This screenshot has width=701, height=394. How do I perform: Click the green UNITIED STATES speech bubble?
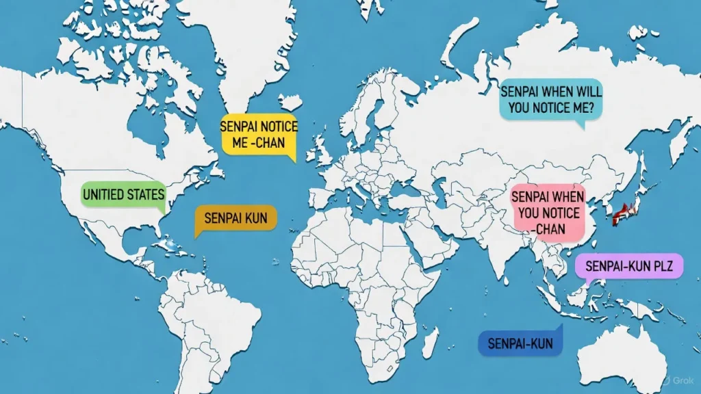coord(123,195)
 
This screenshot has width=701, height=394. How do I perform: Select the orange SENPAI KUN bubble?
coord(235,219)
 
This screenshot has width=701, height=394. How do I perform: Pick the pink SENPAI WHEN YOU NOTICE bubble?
coord(548,212)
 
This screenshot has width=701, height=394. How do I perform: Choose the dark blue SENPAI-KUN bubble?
coord(520,341)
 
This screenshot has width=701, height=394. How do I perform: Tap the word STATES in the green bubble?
coord(146,195)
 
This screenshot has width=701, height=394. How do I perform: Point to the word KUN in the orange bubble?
coord(257,219)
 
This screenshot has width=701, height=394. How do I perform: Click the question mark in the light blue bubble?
coord(599,107)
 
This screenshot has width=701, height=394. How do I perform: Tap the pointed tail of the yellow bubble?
coord(292,159)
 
